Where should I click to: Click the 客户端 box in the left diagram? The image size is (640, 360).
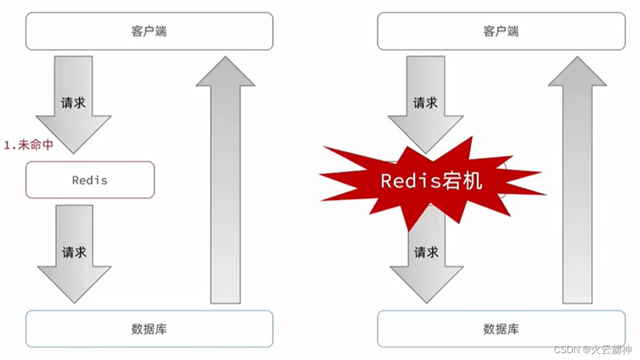tap(149, 31)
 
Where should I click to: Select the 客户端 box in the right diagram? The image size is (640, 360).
tap(501, 31)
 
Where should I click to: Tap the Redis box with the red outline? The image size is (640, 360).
tap(90, 180)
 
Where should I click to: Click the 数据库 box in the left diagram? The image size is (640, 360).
tap(149, 329)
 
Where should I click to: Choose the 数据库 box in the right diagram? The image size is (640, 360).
tap(501, 329)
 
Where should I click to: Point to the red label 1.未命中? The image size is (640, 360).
tap(29, 145)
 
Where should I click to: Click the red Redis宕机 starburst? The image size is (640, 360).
tap(431, 181)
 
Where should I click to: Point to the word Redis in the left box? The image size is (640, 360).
tap(90, 180)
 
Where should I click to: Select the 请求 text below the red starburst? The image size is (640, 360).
tap(426, 252)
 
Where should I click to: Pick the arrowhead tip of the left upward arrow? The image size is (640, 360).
tap(225, 58)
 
